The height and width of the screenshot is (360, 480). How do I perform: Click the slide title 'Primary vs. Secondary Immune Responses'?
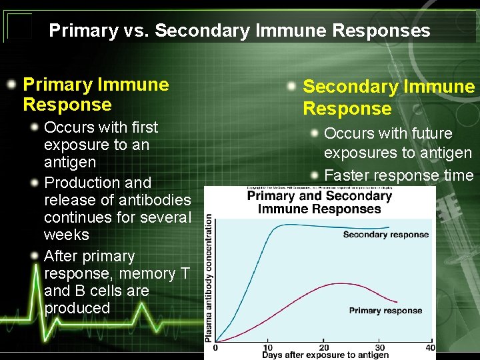tap(239, 31)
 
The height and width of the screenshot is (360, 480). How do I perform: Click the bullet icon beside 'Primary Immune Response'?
tap(12, 85)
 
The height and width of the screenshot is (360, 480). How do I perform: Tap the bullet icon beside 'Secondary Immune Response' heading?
tap(292, 87)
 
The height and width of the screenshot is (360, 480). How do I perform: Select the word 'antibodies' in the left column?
tap(157, 199)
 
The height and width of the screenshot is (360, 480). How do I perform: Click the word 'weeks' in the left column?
tap(67, 235)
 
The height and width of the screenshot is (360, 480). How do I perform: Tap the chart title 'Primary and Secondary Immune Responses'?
tap(319, 202)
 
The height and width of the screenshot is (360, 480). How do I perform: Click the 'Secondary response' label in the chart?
tap(385, 235)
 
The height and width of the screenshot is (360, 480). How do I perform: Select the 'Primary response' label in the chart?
tap(385, 311)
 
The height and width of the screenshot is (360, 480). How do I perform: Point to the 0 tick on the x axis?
tap(215, 347)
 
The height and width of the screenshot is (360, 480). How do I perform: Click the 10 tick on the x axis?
tap(268, 347)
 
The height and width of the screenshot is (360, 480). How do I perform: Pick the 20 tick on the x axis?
tap(323, 347)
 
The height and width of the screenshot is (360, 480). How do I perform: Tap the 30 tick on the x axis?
tap(380, 347)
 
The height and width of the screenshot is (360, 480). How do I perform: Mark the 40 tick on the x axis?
tap(430, 347)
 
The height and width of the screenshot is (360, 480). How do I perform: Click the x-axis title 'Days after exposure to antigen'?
tap(325, 355)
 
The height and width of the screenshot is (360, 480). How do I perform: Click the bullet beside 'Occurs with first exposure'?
tap(33, 127)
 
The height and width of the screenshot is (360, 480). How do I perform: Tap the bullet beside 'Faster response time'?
tap(313, 176)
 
